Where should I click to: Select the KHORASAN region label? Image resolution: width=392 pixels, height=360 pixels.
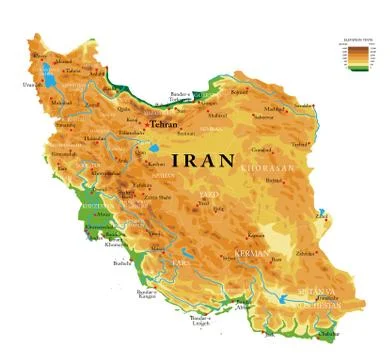(x=270, y=168)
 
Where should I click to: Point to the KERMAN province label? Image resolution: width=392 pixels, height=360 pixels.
(x=251, y=253)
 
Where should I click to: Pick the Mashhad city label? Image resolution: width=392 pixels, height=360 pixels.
(x=272, y=109)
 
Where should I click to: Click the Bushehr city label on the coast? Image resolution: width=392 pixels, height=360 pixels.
(x=123, y=263)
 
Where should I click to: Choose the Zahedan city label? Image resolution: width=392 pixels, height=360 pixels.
(x=305, y=254)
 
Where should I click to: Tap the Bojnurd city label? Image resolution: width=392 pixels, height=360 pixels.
(x=238, y=92)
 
